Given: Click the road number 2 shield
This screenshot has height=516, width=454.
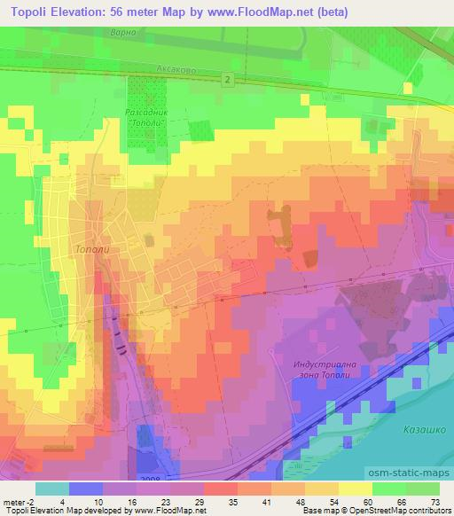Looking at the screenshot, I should click(x=228, y=81).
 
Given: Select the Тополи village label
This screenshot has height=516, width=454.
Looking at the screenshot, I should click(x=92, y=250).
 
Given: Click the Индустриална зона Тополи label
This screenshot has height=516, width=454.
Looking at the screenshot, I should click(x=331, y=370).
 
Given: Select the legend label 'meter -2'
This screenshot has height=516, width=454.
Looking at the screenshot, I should click(x=19, y=501).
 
